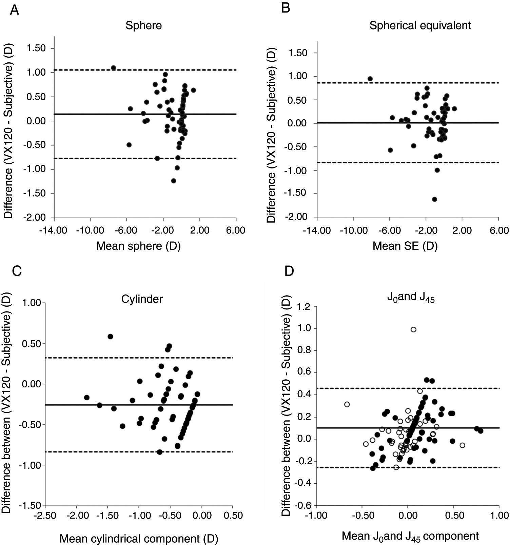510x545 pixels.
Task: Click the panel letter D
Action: pos(289,271)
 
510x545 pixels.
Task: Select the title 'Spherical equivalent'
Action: pos(420,25)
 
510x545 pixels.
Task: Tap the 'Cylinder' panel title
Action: pos(142,299)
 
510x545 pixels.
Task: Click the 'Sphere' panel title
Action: pos(143,25)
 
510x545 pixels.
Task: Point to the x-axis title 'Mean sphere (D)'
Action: pos(138,246)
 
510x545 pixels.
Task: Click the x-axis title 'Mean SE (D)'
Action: pos(405,246)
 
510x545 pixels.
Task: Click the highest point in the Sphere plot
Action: pos(114,68)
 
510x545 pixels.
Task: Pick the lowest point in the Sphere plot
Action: pos(174,181)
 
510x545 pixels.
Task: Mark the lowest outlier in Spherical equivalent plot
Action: pos(434,199)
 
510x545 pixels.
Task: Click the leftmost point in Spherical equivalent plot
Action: pos(370,79)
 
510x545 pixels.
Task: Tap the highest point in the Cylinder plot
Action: pos(110,337)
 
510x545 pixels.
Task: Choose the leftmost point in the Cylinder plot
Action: pos(87,397)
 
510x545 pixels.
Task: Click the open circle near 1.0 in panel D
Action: pos(413,329)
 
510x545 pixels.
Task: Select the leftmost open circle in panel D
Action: pos(347,404)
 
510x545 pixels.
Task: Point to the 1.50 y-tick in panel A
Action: pos(36,48)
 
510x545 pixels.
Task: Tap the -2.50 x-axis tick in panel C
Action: pos(45,516)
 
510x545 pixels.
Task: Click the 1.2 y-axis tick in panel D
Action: pos(305,307)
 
